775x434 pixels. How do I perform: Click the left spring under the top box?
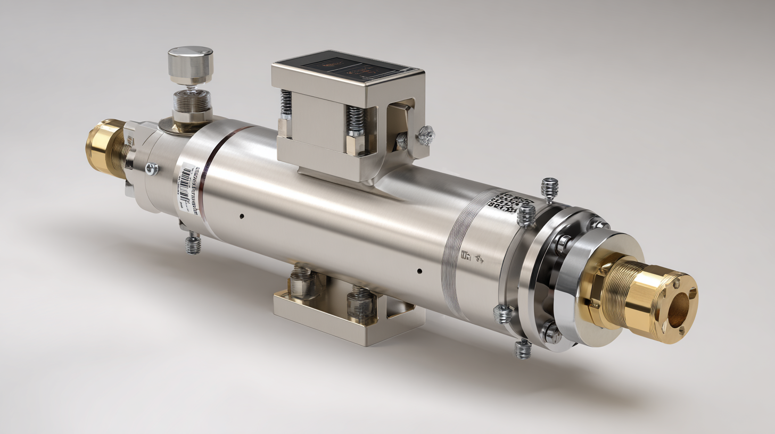coord(286,103)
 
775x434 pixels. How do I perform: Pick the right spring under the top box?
coord(356,120)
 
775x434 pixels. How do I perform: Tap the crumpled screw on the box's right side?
coord(426,135)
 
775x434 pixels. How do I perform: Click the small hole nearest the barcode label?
coord(242,216)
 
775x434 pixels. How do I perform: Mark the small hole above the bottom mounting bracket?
coord(419,271)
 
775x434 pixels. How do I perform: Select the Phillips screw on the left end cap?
coord(151,169)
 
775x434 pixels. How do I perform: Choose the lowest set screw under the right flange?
coord(523,349)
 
